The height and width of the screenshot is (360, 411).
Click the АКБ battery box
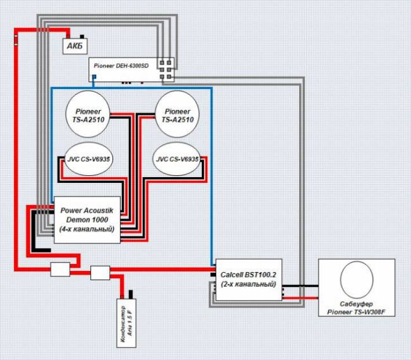click(x=75, y=46)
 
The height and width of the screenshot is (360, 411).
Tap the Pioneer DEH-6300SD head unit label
click(x=121, y=66)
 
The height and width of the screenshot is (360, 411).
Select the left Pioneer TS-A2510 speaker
click(x=88, y=114)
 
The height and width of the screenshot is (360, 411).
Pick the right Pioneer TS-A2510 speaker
click(x=177, y=114)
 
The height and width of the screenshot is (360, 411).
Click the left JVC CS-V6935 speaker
click(x=89, y=159)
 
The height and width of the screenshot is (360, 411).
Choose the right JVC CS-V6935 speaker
click(x=177, y=159)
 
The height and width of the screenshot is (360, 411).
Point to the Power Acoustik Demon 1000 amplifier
click(x=87, y=220)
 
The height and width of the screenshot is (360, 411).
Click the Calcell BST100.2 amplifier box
click(x=248, y=280)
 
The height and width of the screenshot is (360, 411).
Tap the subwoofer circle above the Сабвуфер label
click(x=357, y=280)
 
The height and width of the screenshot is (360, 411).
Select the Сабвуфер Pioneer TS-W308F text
click(x=356, y=308)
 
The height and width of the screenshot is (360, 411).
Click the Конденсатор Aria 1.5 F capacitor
click(x=126, y=323)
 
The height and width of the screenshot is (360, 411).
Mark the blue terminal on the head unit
click(x=94, y=77)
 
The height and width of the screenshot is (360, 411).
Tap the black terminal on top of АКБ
click(x=82, y=37)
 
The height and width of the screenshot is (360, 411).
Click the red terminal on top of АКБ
click(x=68, y=36)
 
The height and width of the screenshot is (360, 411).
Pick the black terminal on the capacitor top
click(x=130, y=294)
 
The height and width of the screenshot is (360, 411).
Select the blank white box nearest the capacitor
click(x=100, y=273)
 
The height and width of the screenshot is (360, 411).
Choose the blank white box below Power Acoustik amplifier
click(x=60, y=269)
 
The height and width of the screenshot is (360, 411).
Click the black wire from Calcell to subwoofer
click(x=300, y=286)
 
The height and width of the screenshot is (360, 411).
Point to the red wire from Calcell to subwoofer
click(x=300, y=298)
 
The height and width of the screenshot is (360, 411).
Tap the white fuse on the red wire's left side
click(x=16, y=40)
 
